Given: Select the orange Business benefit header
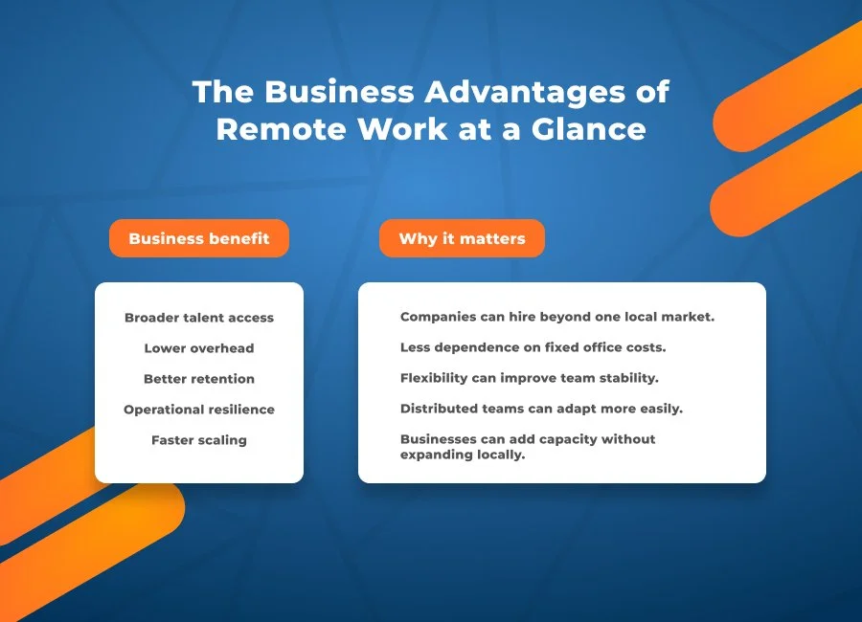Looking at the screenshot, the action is [199, 238].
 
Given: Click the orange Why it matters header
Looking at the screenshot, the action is [462, 238].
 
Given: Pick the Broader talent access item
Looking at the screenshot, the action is [199, 318].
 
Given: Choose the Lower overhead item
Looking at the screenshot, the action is [199, 348].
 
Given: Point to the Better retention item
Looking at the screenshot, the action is [199, 379].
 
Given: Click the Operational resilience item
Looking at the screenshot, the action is [199, 410].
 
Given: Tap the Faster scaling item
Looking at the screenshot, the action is [199, 440].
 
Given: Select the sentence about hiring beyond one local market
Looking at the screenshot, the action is [557, 317].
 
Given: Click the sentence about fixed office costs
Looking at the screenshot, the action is [533, 347].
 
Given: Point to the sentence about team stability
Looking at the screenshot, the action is [530, 378].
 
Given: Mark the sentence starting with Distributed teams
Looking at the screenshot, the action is [541, 409].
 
